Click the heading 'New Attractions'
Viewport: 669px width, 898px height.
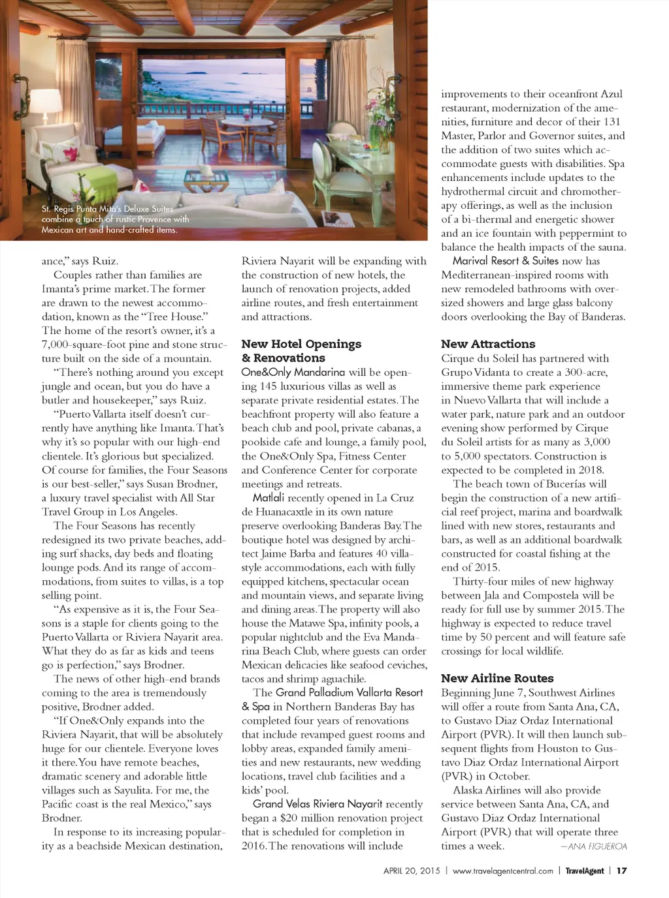point(487,344)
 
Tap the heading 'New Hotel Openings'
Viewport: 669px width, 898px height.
point(301,344)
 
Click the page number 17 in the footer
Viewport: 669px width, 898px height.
point(622,871)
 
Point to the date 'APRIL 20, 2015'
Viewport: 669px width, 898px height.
point(412,871)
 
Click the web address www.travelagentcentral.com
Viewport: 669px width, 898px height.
point(502,871)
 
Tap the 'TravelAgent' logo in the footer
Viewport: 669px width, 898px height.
point(584,871)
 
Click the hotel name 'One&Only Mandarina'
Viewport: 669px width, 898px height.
point(293,372)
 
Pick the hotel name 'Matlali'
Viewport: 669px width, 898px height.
point(269,498)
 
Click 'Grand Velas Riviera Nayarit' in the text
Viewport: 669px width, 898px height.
point(318,804)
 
